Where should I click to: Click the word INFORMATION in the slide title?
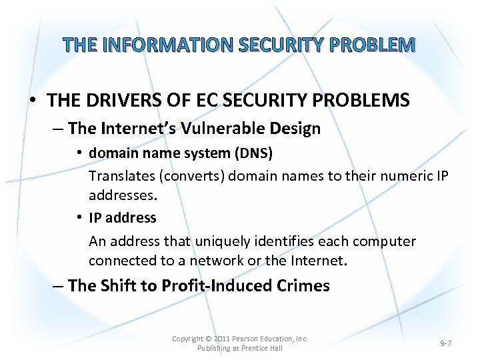tap(165, 45)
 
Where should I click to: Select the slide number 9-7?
tap(445, 343)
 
